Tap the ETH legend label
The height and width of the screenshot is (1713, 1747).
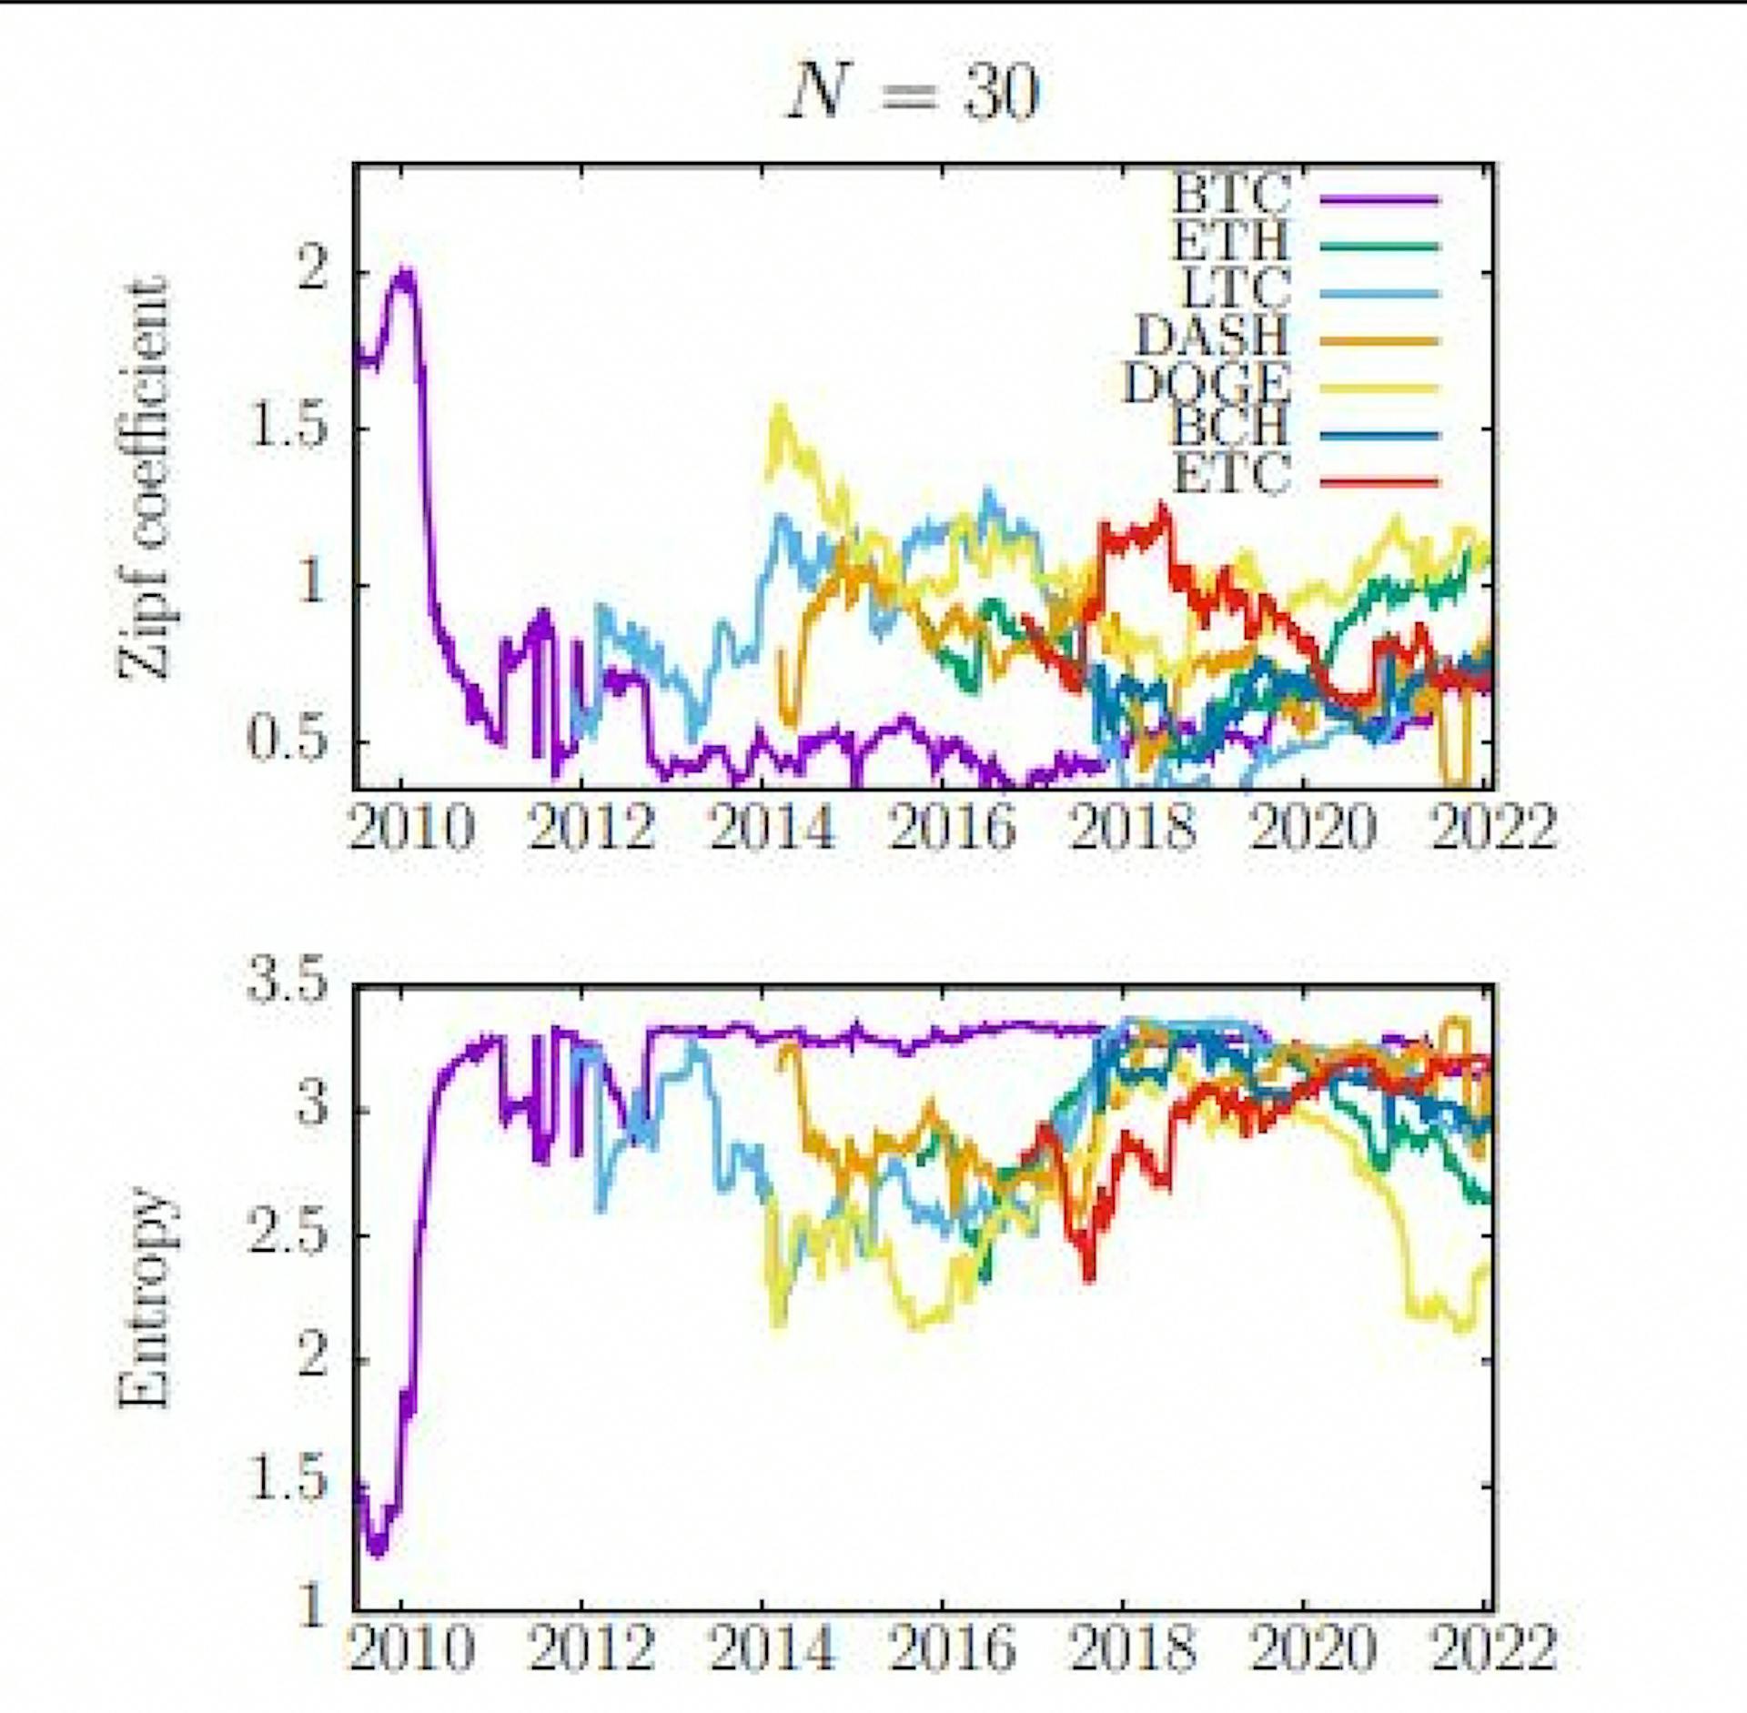(1231, 241)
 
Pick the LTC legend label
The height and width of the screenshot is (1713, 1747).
(1235, 288)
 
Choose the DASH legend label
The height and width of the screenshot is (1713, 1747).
(1213, 336)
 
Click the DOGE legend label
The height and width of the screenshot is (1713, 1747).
(1207, 383)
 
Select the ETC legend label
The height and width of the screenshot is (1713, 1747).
(1233, 476)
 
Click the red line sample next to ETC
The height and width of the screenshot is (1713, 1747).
(1379, 481)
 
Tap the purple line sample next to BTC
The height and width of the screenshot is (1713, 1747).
(1379, 199)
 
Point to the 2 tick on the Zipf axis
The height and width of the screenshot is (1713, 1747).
(312, 270)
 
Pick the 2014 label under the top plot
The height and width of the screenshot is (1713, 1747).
(772, 828)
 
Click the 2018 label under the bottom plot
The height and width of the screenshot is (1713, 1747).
(1133, 1648)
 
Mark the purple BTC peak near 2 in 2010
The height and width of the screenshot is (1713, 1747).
(405, 273)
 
